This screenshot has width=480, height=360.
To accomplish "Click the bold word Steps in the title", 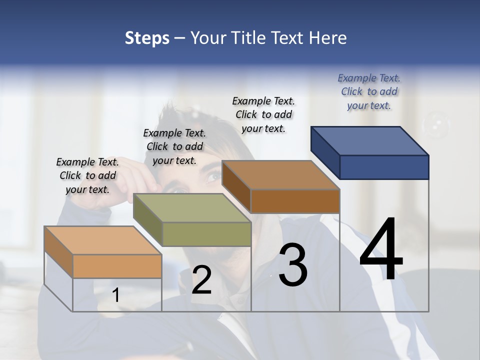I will (147, 38).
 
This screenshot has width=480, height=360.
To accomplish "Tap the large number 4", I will (381, 250).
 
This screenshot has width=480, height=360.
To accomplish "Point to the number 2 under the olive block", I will (201, 280).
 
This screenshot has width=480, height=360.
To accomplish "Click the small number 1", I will (115, 295).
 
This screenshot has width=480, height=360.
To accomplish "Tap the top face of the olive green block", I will (192, 207).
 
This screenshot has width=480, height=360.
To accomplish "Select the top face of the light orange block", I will (103, 240).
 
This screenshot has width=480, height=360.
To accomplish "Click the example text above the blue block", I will (369, 91).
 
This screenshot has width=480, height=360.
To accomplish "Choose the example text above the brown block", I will (263, 114).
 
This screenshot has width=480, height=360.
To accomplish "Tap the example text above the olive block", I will (174, 146).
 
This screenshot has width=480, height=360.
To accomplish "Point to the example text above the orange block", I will (87, 175).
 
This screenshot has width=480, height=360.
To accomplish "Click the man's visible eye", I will (213, 176).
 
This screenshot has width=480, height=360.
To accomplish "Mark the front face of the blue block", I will (384, 167).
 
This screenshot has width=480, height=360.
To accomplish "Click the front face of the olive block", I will (206, 234).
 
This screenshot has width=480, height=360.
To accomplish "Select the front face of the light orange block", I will (117, 266).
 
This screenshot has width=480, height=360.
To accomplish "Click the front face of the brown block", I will (295, 201).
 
